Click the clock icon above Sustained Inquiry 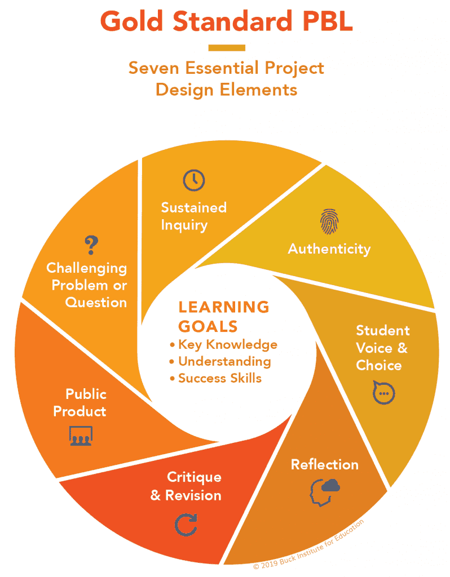(193, 180)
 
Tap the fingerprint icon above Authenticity (329, 221)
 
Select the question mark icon (91, 245)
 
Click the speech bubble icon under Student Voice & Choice (383, 393)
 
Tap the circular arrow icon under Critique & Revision (186, 525)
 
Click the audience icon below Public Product (81, 436)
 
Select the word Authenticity (329, 249)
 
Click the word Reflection (325, 464)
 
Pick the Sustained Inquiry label (193, 216)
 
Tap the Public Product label (80, 402)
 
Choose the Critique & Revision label (186, 486)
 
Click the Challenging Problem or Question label (86, 285)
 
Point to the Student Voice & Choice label (382, 348)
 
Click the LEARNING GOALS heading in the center (224, 317)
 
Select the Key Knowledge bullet (223, 344)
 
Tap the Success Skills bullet (216, 378)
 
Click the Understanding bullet (220, 361)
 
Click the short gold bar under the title (227, 48)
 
